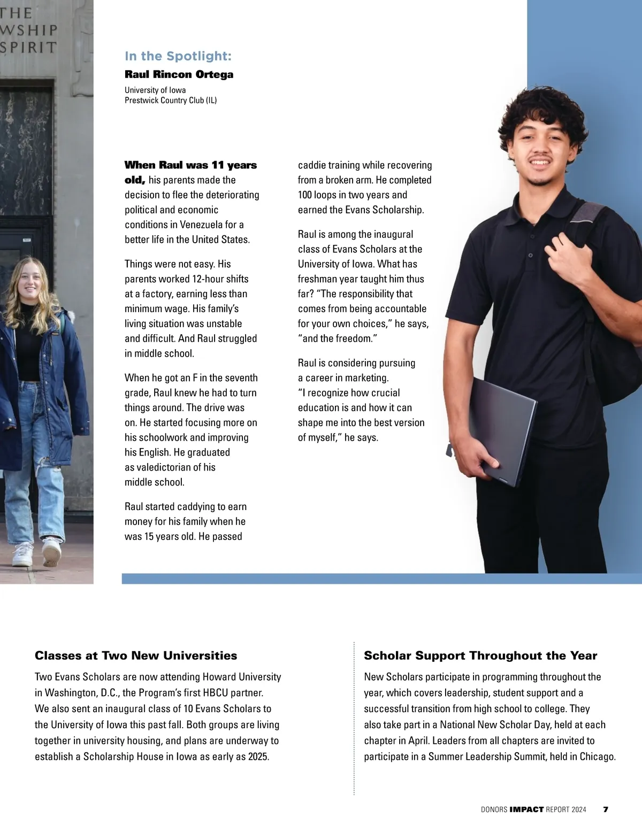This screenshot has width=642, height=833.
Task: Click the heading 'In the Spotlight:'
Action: [178, 56]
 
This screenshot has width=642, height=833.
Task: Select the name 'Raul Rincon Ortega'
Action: [179, 74]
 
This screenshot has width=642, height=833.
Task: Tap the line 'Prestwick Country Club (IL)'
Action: [171, 100]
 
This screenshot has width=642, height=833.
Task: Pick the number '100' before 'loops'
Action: [305, 195]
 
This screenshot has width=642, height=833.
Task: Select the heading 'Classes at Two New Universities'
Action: [136, 655]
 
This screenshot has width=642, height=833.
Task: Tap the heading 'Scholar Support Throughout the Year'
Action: [480, 655]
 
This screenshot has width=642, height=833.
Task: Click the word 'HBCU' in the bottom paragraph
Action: [228, 693]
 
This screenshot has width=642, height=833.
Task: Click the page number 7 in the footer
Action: [606, 809]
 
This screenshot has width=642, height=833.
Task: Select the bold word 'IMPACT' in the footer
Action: [526, 809]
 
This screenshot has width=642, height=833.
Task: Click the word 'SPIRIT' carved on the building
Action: [28, 47]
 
